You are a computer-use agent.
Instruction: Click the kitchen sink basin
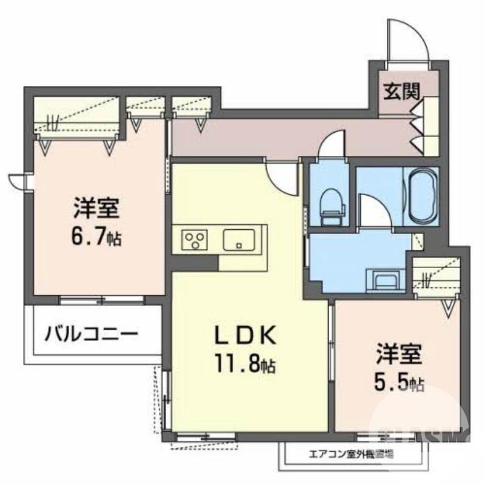[241, 239]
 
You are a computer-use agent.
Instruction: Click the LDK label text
[247, 336]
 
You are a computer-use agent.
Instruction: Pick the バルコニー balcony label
[91, 333]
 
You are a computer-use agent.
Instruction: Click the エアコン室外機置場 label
[351, 453]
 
